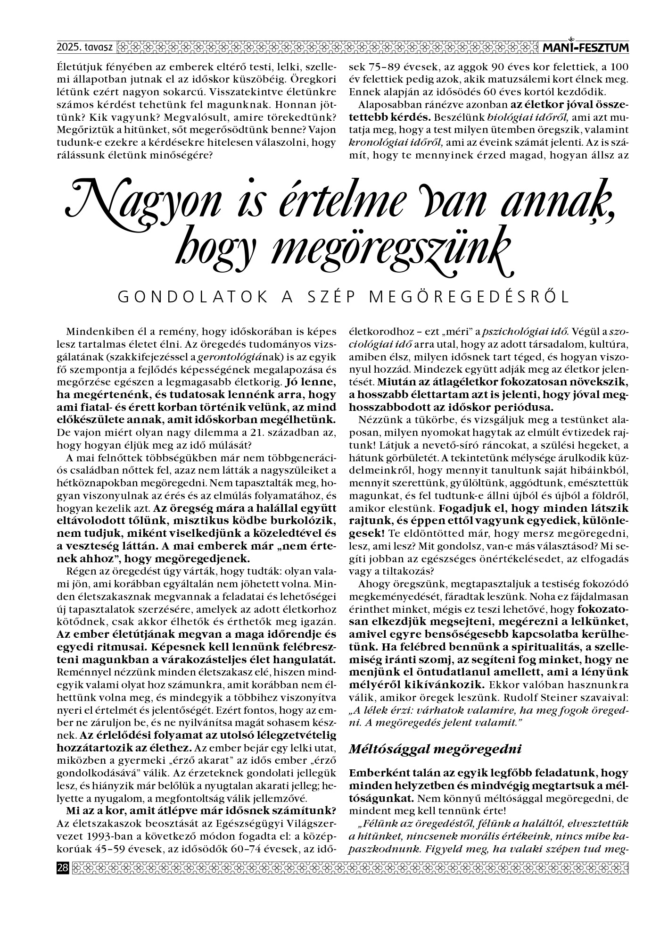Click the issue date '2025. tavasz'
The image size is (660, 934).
click(84, 47)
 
